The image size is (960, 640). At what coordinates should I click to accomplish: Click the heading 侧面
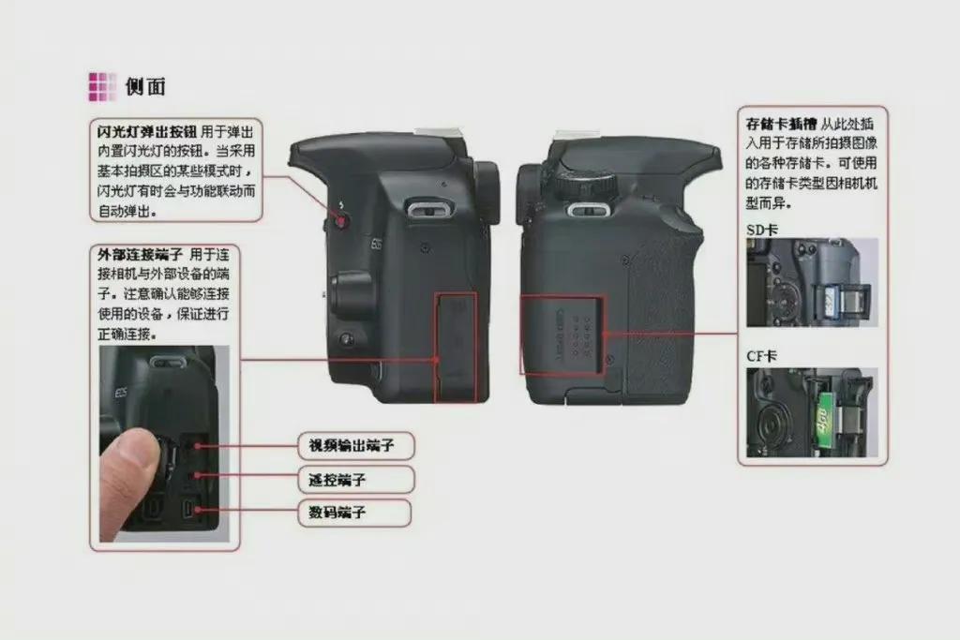[x=145, y=86]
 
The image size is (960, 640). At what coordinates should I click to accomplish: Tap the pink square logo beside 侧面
[x=102, y=87]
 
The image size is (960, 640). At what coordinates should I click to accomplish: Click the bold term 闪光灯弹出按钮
[x=147, y=131]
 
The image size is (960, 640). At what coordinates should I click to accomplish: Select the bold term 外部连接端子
[x=141, y=255]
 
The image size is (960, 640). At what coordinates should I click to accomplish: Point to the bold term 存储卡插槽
[x=781, y=125]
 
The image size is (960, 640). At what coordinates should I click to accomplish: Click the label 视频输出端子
[x=352, y=445]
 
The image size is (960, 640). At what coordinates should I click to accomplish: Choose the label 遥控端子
[x=337, y=480]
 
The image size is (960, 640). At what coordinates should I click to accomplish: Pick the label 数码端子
[x=337, y=513]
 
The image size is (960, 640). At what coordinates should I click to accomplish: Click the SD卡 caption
[x=761, y=231]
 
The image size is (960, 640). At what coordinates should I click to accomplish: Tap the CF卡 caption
[x=761, y=356]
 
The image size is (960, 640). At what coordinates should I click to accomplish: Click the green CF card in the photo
[x=825, y=420]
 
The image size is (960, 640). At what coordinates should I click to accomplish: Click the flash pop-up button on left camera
[x=341, y=219]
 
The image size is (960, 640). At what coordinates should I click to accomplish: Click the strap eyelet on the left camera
[x=431, y=211]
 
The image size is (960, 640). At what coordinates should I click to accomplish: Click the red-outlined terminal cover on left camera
[x=456, y=348]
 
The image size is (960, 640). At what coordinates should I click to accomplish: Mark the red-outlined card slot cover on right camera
[x=562, y=335]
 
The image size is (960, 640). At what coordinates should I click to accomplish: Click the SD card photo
[x=812, y=283]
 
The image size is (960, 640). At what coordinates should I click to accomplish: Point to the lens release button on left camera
[x=347, y=338]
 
